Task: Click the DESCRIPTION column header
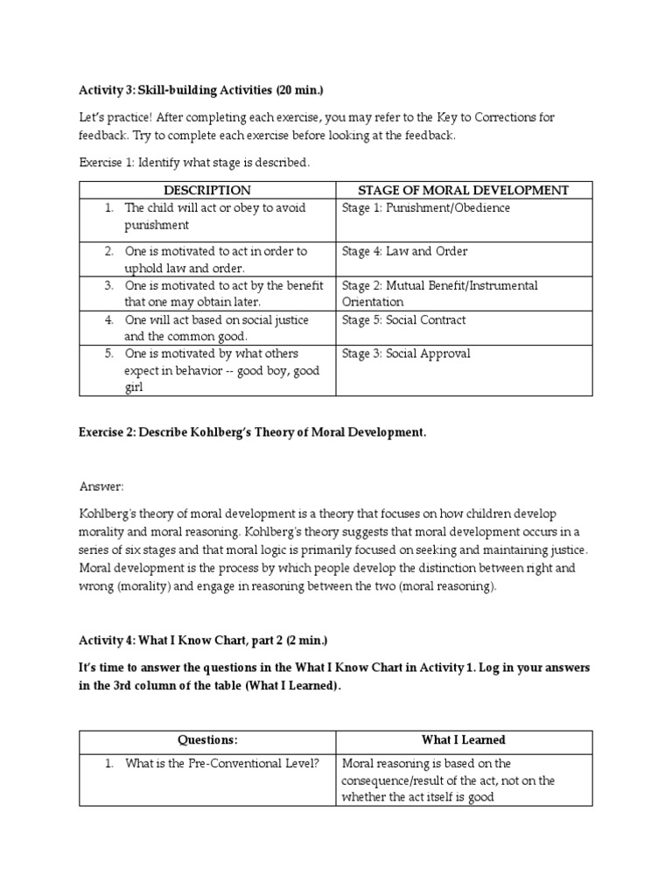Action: click(206, 190)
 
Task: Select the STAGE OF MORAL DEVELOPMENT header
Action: click(464, 190)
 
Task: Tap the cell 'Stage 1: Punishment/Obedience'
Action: click(426, 208)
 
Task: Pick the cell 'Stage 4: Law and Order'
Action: click(405, 251)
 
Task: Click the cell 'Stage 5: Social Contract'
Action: click(404, 319)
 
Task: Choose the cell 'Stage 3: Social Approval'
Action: click(406, 353)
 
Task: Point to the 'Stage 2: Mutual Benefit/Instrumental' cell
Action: click(440, 285)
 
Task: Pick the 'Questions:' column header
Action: click(207, 739)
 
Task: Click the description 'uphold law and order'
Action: click(185, 268)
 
